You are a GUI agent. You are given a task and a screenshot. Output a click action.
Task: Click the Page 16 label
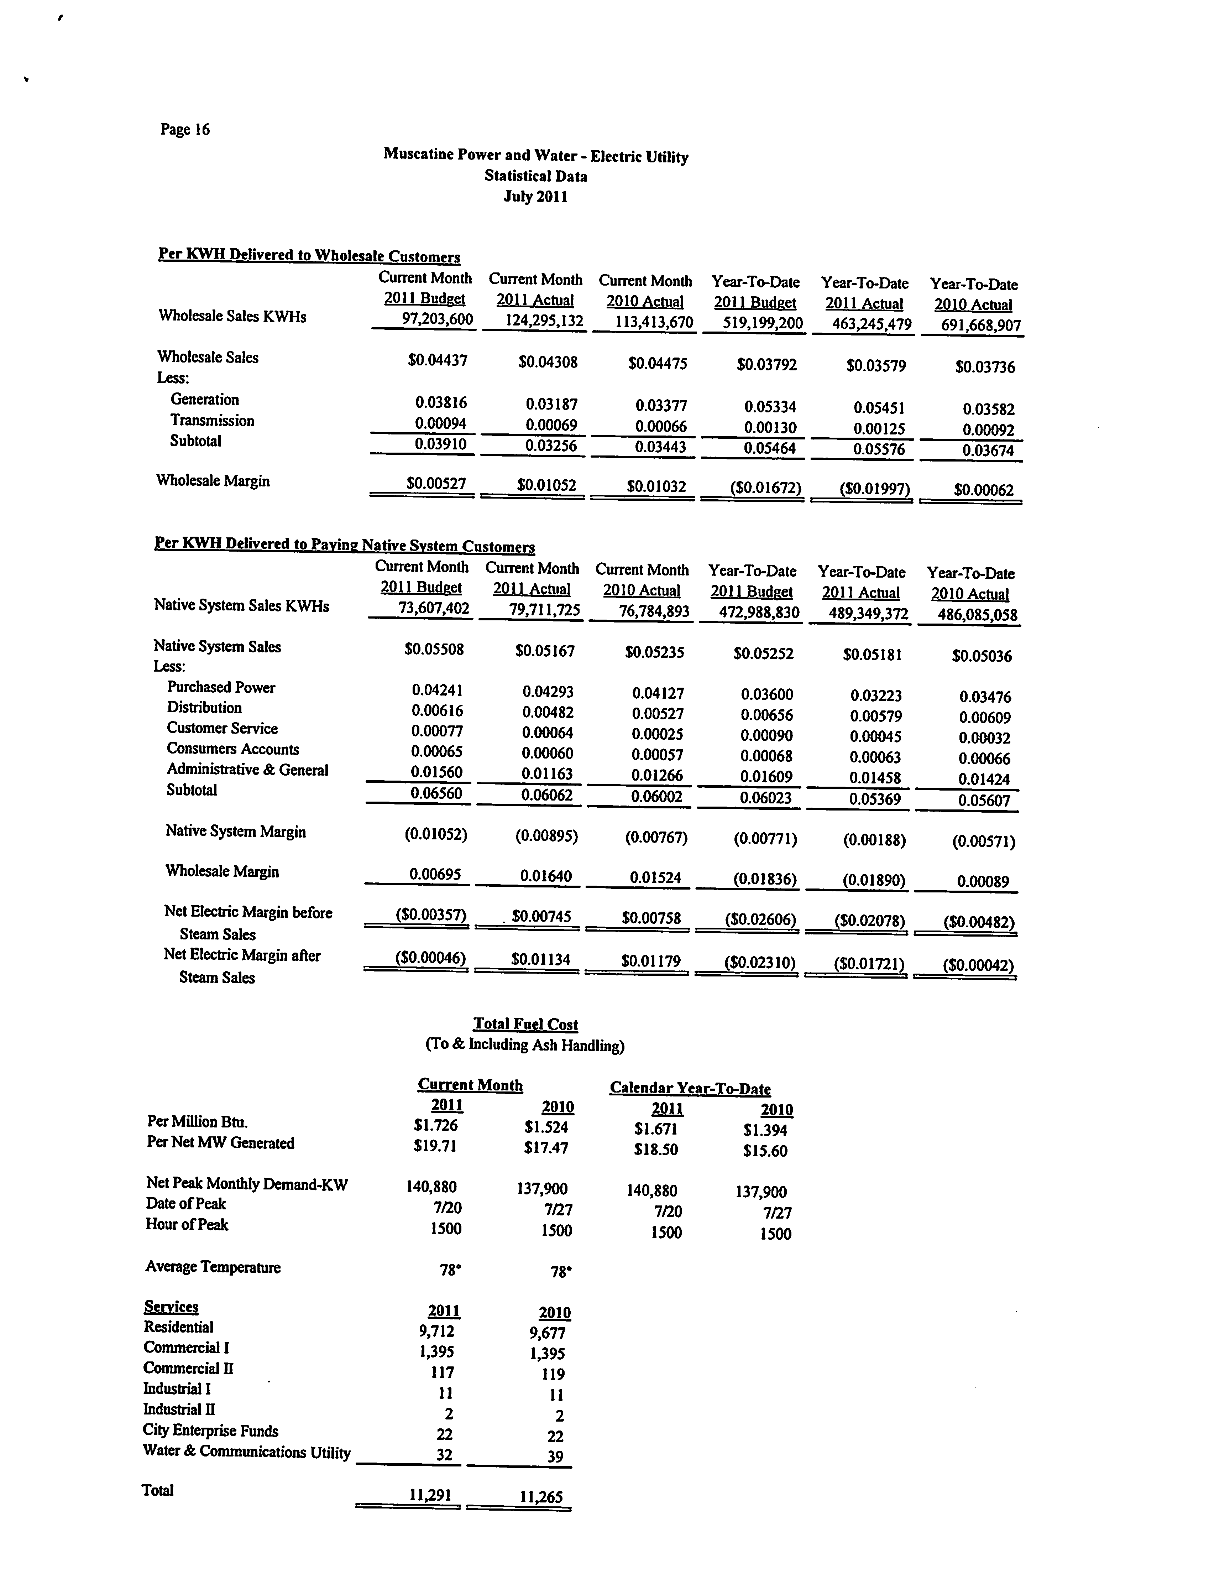[185, 130]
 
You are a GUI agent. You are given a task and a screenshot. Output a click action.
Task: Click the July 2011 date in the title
[535, 197]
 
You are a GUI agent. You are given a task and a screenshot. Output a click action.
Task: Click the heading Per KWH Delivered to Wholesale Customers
[309, 255]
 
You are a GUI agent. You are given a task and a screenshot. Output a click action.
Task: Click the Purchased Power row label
[221, 687]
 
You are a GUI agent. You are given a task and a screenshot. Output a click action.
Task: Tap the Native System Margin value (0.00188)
[874, 839]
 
